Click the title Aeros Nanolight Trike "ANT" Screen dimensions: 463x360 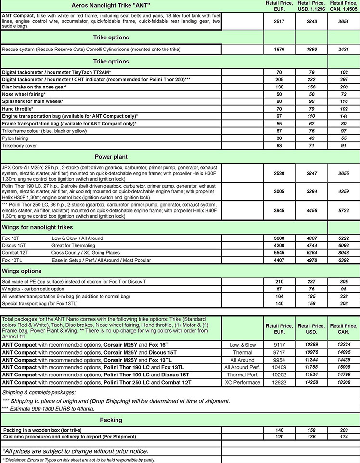[x=110, y=6]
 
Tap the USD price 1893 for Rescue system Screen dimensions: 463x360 [x=311, y=50]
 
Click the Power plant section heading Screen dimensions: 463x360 [x=111, y=157]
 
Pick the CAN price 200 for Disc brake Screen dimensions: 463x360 [x=344, y=87]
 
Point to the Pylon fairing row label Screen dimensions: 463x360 [x=16, y=138]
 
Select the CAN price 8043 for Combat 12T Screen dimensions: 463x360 [x=344, y=253]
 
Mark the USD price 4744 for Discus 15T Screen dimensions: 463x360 [x=311, y=246]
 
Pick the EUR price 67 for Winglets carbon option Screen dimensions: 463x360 [x=279, y=289]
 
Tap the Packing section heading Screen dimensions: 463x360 [x=111, y=420]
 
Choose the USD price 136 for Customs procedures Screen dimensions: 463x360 [x=311, y=437]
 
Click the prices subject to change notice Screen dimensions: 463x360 [x=75, y=451]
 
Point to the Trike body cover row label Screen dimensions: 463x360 [x=19, y=145]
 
